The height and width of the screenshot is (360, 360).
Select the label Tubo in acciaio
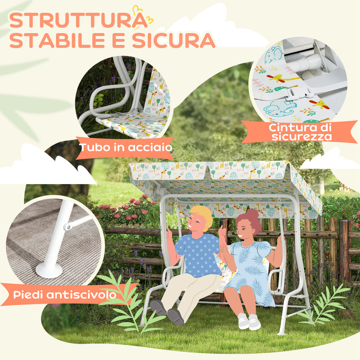coord(125,148)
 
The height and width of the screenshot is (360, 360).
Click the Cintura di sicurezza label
coord(300,131)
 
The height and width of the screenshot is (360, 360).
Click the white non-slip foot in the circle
coord(49,270)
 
